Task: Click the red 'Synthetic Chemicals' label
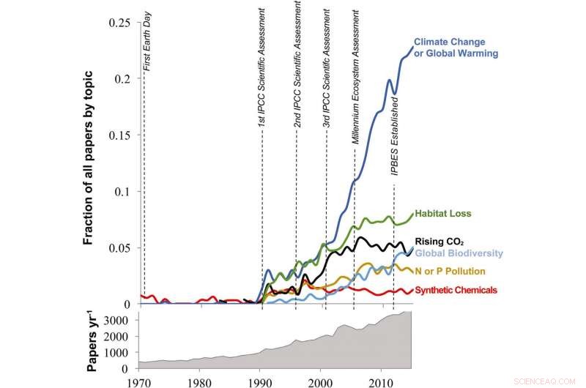(456, 291)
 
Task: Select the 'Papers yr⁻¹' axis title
(94, 343)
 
